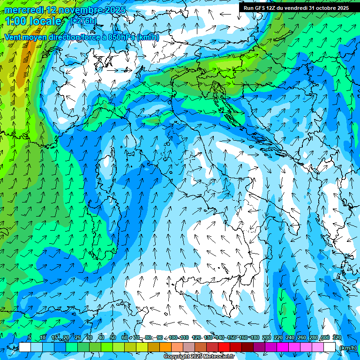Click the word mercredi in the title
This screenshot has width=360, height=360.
[23, 10]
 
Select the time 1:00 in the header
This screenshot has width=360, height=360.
[16, 21]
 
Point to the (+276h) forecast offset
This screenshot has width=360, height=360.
[83, 21]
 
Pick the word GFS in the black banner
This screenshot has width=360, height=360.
[261, 8]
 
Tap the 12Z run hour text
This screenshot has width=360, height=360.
[273, 8]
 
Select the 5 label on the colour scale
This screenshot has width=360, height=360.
[30, 337]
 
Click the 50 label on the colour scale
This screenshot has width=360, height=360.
[112, 337]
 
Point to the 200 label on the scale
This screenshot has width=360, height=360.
[266, 337]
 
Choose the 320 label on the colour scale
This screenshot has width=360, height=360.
[337, 337]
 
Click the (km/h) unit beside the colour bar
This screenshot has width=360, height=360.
[348, 348]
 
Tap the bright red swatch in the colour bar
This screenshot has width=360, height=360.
[225, 347]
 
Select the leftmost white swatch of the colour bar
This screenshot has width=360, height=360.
[25, 347]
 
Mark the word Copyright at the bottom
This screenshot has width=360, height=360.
[176, 357]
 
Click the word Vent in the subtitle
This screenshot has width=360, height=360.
[13, 37]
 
